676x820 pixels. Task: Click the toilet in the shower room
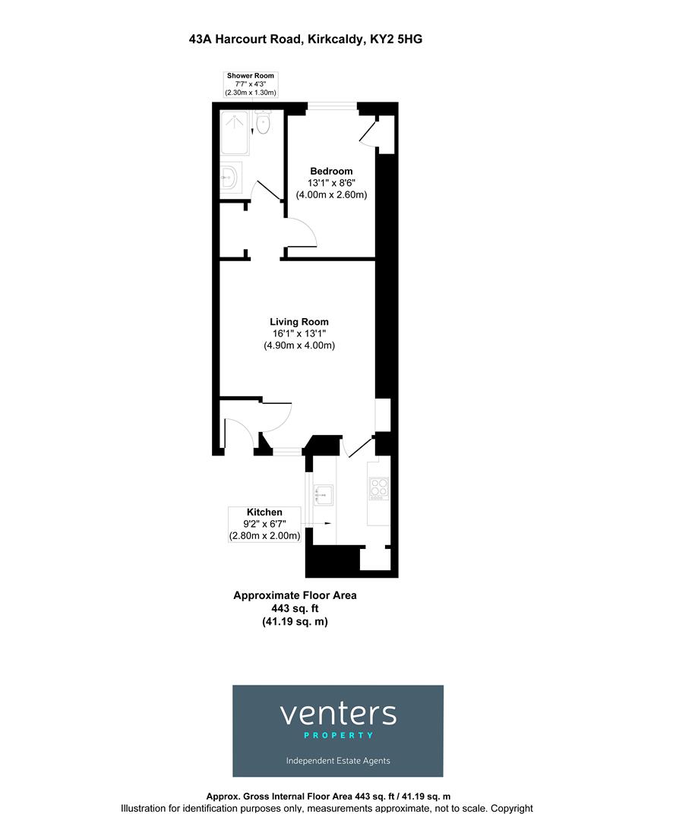263,124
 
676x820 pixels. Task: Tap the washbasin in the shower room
231,178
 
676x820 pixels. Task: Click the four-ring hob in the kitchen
378,488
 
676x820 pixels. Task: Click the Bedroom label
330,171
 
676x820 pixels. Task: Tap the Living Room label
299,322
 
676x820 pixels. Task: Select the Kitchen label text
264,512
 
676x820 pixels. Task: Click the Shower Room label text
250,76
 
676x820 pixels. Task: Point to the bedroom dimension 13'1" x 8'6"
330,183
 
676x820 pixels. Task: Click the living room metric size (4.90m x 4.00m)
299,345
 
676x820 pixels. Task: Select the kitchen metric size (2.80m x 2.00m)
264,536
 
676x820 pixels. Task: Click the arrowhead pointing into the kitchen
327,523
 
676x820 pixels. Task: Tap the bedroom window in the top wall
332,107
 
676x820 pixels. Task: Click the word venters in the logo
338,714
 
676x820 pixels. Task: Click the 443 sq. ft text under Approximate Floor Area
294,608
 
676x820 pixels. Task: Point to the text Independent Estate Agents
338,761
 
